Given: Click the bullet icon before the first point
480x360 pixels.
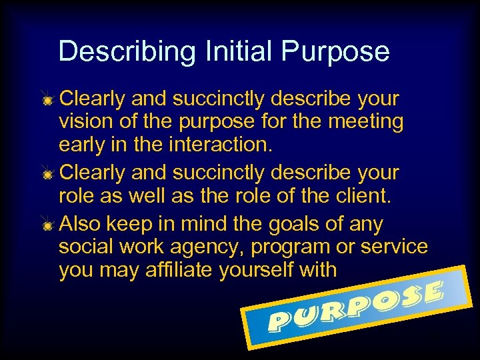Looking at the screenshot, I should (48, 100).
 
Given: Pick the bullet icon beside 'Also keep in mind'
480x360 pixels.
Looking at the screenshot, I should (48, 225).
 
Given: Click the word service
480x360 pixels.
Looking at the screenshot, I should (394, 247).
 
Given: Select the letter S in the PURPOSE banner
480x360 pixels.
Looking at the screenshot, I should (410, 297).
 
